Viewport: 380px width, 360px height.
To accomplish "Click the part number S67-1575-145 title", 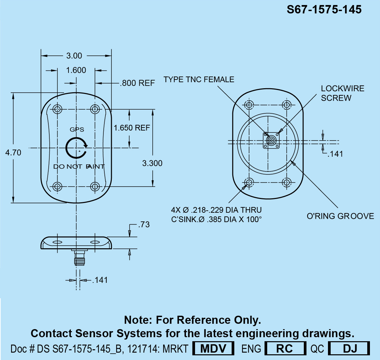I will (x=324, y=9).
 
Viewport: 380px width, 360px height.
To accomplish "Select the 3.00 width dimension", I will (x=74, y=56).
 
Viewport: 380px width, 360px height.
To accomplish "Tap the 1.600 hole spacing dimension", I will (x=76, y=70).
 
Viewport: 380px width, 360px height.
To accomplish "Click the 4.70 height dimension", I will (x=13, y=153).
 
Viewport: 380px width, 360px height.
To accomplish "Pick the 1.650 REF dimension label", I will (x=132, y=128).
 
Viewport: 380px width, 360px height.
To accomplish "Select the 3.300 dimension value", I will (x=152, y=163).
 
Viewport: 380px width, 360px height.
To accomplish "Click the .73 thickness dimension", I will (x=144, y=224).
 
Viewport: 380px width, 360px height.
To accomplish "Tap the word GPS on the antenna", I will (x=77, y=130).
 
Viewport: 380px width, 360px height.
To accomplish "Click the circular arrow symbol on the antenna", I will (x=76, y=148).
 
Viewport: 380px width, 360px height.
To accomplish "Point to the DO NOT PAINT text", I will (x=79, y=166).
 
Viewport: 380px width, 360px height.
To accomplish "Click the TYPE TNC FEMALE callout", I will (x=199, y=80).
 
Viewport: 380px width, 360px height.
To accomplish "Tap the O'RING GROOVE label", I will (x=340, y=216).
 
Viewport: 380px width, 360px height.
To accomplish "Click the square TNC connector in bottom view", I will (x=271, y=140).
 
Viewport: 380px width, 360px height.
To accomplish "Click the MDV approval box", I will (x=213, y=348).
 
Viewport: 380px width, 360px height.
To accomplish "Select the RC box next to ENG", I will (x=285, y=348).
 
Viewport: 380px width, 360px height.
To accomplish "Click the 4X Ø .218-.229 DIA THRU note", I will (x=216, y=210).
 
